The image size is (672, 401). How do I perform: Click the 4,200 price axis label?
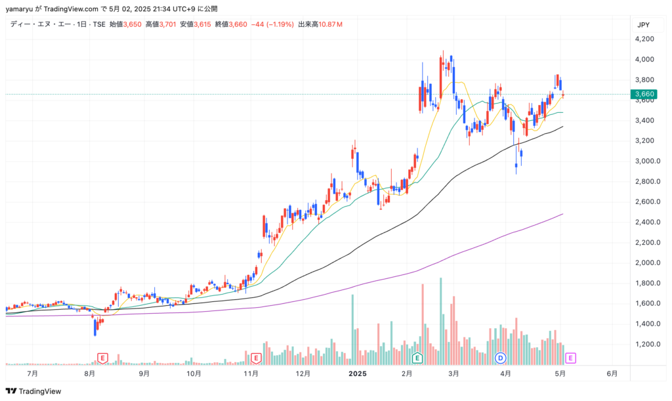pyautogui.click(x=644, y=39)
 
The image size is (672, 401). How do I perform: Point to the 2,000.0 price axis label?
pyautogui.click(x=648, y=263)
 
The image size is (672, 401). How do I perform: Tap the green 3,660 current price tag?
pyautogui.click(x=644, y=94)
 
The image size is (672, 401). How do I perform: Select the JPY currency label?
pyautogui.click(x=643, y=25)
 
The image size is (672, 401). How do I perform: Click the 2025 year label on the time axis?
pyautogui.click(x=358, y=373)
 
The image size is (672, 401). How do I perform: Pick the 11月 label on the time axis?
pyautogui.click(x=251, y=373)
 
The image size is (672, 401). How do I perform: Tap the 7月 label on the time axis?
pyautogui.click(x=32, y=373)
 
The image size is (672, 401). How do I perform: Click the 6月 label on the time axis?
pyautogui.click(x=612, y=373)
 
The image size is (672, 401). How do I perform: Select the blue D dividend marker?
pyautogui.click(x=500, y=358)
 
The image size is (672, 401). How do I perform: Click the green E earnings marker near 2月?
pyautogui.click(x=417, y=358)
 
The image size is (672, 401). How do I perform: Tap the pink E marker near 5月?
pyautogui.click(x=570, y=358)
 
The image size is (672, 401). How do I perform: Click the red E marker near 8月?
pyautogui.click(x=102, y=358)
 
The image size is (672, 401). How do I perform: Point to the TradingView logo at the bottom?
pyautogui.click(x=33, y=391)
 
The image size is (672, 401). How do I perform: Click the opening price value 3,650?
pyautogui.click(x=133, y=24)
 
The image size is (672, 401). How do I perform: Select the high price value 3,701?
pyautogui.click(x=167, y=24)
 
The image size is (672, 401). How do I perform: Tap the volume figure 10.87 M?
pyautogui.click(x=331, y=24)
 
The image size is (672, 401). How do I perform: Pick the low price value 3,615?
pyautogui.click(x=202, y=24)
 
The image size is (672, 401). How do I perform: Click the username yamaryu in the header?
pyautogui.click(x=19, y=9)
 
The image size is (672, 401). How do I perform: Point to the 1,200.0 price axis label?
pyautogui.click(x=648, y=344)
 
